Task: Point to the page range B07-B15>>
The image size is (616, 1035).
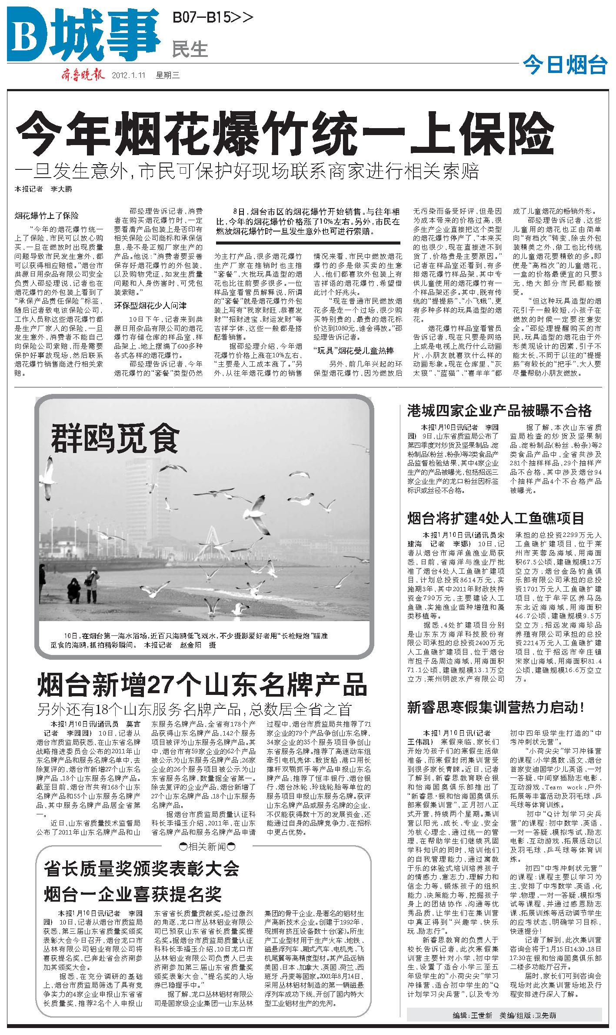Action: [x=213, y=18]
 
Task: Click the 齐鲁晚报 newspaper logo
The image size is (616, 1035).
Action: [x=83, y=75]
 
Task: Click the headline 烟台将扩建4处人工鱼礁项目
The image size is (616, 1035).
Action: [x=496, y=518]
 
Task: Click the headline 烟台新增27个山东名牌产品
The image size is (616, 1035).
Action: [x=202, y=685]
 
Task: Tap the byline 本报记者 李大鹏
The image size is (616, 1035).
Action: [x=43, y=189]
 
